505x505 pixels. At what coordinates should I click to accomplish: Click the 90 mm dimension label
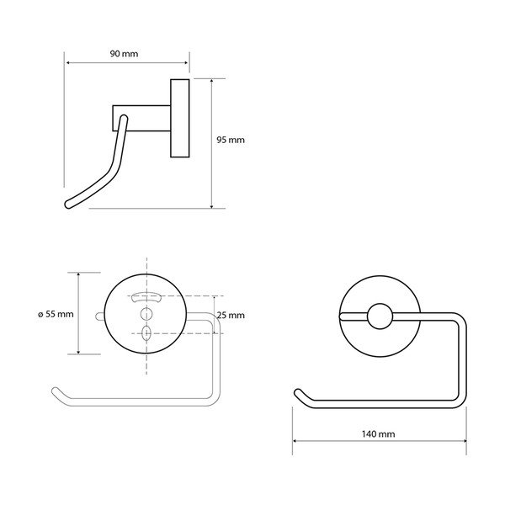pos(124,53)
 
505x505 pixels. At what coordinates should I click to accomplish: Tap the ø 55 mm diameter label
pos(56,313)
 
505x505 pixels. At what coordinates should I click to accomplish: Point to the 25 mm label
pos(230,316)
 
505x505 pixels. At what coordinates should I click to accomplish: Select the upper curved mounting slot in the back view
pos(146,296)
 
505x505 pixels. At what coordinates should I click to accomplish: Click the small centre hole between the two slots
pos(146,316)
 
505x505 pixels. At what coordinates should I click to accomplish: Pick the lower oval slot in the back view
pos(146,333)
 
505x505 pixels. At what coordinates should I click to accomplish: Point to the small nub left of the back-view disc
pos(102,316)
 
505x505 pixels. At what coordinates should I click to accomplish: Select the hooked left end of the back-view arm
pos(56,391)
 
